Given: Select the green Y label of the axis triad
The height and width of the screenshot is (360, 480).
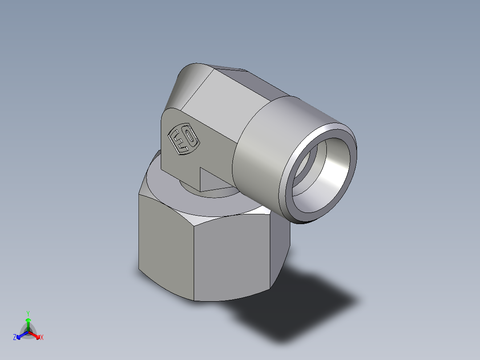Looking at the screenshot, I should point(28,313).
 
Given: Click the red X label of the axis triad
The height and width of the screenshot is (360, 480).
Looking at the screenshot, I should point(41,338).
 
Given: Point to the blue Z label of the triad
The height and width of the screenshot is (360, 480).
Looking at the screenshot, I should point(15,338).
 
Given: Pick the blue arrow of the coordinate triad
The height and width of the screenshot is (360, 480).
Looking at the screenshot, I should point(21,335).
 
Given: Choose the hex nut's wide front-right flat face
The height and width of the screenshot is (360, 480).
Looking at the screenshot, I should point(232,258).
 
